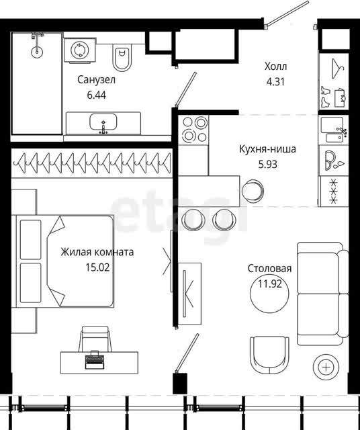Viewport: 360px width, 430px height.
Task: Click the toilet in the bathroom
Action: [122, 57]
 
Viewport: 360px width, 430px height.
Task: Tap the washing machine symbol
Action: [80, 50]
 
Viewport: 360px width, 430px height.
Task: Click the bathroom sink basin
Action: [103, 122]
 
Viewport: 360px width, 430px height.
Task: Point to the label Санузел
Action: [96, 80]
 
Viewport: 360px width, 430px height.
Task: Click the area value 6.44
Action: [96, 95]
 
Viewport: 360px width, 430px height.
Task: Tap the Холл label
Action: [275, 67]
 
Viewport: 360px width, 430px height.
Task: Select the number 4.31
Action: [275, 82]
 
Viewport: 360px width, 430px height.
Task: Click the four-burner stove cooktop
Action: [193, 130]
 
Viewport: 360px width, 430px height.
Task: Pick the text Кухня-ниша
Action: [267, 149]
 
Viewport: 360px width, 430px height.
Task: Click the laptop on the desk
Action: [95, 359]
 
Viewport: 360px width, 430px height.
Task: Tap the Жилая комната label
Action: [97, 252]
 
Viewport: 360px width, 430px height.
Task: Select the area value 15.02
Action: [97, 267]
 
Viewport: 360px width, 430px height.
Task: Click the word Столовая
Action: [269, 269]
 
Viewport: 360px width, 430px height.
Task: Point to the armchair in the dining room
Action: [269, 355]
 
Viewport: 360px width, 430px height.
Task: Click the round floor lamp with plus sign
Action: [326, 368]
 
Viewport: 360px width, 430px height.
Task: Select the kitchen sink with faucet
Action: [334, 130]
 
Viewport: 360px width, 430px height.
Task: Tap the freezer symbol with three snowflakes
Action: [334, 191]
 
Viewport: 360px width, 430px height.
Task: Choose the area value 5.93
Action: [267, 165]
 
